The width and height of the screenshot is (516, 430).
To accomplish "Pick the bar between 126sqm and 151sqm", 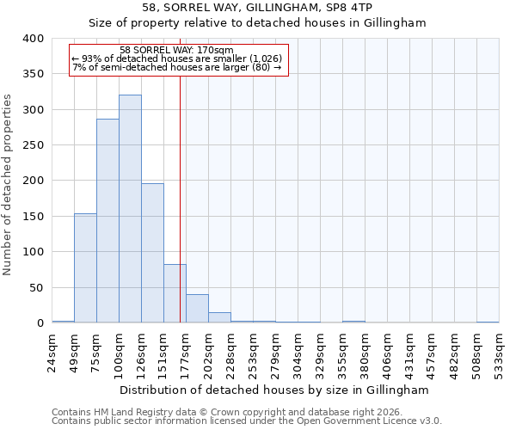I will coord(152,253).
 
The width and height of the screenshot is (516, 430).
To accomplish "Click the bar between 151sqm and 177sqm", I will coord(175,293).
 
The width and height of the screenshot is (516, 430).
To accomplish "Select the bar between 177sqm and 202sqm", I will coord(197,309).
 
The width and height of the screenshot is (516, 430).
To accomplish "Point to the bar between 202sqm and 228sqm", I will coord(219,317).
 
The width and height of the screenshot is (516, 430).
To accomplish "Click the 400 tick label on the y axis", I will coord(34,39).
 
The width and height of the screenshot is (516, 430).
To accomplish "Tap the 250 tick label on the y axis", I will coord(34,145).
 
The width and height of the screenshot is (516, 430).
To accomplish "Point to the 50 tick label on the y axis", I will coord(37,287).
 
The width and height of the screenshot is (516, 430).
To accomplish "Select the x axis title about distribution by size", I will coord(273,390).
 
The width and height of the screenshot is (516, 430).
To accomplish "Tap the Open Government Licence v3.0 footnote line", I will coord(247,421).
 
